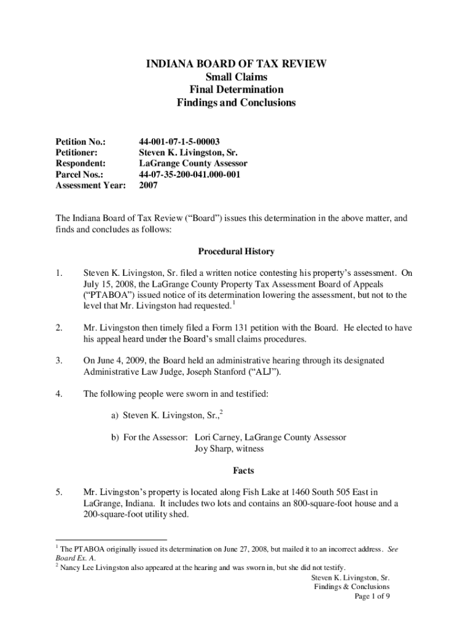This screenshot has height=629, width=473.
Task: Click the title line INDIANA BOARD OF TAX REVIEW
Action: (237, 63)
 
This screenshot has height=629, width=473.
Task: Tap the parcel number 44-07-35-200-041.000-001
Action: (189, 174)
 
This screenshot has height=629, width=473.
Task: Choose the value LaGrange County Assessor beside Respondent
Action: (193, 163)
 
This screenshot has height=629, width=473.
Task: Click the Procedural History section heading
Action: (236, 252)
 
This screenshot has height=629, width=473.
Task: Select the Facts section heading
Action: (236, 471)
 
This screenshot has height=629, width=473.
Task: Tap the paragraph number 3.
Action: (59, 361)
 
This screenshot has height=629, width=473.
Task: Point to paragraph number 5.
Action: (59, 492)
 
